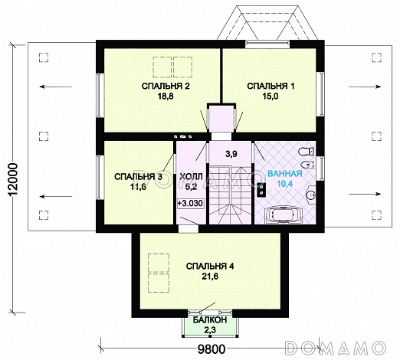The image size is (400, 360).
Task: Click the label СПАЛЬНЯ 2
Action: pyautogui.click(x=166, y=87)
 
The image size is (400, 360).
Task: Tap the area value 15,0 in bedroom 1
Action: pyautogui.click(x=270, y=97)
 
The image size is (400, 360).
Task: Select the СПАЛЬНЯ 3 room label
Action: pyautogui.click(x=138, y=177)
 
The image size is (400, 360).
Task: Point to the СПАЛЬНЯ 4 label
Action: pyautogui.click(x=210, y=267)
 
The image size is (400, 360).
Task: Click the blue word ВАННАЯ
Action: pyautogui.click(x=285, y=174)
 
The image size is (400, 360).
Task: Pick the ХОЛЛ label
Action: pyautogui.click(x=192, y=177)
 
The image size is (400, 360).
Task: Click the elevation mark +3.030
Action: pyautogui.click(x=190, y=203)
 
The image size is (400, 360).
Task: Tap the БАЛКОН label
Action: pyautogui.click(x=210, y=320)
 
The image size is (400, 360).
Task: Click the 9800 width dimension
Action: pyautogui.click(x=211, y=349)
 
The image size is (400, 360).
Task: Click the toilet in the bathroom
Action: pyautogui.click(x=306, y=151)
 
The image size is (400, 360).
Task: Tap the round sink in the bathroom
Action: pyautogui.click(x=310, y=195)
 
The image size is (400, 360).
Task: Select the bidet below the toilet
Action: pyautogui.click(x=307, y=165)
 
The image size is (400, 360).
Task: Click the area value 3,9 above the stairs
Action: pyautogui.click(x=231, y=154)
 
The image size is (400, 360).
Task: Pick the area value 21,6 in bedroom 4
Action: pyautogui.click(x=210, y=277)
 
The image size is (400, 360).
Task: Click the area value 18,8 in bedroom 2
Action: pyautogui.click(x=166, y=97)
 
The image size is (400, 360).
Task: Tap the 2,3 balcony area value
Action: pyautogui.click(x=210, y=330)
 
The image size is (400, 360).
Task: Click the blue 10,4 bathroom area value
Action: pyautogui.click(x=285, y=184)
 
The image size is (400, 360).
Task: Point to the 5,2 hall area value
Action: pyautogui.click(x=192, y=187)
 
